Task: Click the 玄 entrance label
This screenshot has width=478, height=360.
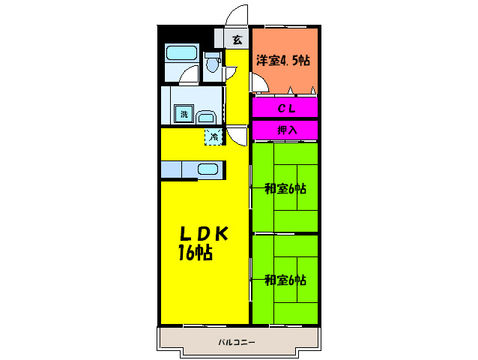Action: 237,39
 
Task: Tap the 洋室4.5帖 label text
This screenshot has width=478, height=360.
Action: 283,61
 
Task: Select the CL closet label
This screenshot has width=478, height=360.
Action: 285,108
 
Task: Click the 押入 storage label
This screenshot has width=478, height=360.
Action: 286,130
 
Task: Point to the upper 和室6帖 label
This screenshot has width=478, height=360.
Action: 285,189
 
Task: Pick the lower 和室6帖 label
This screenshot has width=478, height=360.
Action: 285,280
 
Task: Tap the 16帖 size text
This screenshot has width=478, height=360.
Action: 195,253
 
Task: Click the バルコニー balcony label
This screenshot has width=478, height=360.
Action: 237,342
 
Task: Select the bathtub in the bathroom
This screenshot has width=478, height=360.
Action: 181,54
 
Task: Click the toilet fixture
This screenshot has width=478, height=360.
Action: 212,67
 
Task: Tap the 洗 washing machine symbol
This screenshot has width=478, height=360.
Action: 183,115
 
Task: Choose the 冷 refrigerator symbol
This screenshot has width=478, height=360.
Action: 214,136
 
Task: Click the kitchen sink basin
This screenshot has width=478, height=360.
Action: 208,169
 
